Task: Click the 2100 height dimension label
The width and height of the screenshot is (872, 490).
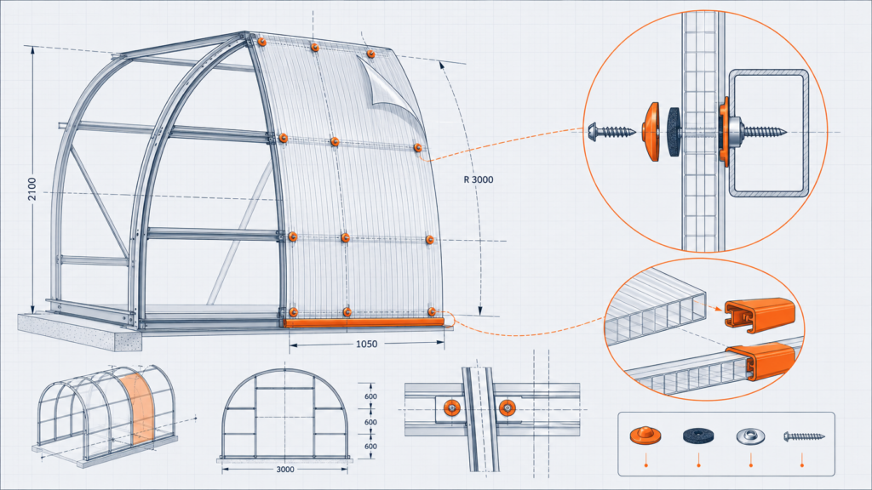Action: (32, 189)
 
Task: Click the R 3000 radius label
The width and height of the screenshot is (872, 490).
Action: (479, 179)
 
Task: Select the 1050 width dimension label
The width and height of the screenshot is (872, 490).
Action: (366, 345)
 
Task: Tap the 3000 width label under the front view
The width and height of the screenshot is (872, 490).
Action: (284, 470)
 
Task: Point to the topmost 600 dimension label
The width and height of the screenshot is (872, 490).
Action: (371, 396)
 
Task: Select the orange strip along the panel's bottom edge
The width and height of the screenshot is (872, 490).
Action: (364, 322)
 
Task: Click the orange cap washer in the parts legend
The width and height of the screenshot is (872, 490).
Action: (645, 435)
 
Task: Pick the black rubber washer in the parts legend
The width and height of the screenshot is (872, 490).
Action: (698, 436)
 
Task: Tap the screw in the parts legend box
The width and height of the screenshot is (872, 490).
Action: (804, 436)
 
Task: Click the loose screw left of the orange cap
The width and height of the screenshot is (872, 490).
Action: (611, 132)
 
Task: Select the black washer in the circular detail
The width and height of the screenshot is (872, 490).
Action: (674, 132)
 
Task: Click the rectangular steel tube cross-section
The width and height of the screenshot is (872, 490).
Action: (769, 134)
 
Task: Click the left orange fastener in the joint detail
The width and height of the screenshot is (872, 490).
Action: (452, 408)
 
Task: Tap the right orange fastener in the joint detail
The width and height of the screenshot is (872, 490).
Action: (507, 408)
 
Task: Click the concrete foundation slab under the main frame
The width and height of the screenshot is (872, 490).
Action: (77, 332)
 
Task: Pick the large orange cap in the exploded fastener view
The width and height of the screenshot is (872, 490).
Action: (651, 132)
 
